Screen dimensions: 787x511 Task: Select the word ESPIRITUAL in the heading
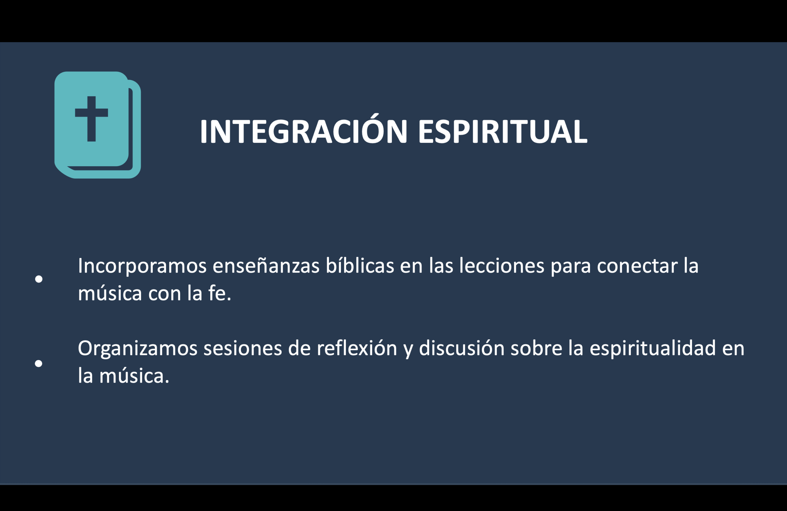point(503,132)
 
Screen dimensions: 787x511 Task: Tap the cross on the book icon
point(92,119)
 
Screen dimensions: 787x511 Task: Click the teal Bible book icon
point(97,125)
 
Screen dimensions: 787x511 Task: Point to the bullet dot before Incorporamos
point(39,279)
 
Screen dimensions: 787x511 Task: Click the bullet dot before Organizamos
point(39,364)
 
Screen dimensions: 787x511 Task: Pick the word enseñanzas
point(266,266)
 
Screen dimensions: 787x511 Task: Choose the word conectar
point(637,266)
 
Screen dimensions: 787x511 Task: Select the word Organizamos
point(137,349)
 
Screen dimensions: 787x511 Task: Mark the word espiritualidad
point(653,349)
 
